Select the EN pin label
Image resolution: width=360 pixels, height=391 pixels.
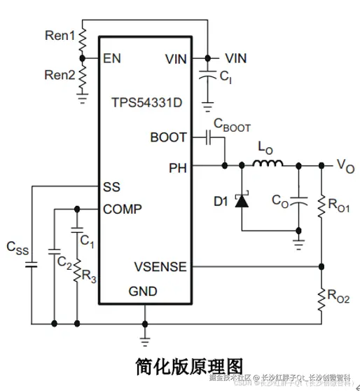pyautogui.click(x=112, y=59)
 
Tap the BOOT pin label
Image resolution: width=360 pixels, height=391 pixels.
pyautogui.click(x=168, y=137)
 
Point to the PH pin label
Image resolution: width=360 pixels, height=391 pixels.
pyautogui.click(x=177, y=167)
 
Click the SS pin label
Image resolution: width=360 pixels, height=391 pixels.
pyautogui.click(x=111, y=187)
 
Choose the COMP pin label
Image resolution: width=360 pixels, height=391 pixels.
pyautogui.click(x=123, y=209)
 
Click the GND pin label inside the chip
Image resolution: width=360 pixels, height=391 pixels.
pyautogui.click(x=143, y=291)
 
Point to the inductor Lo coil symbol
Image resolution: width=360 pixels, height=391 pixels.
pyautogui.click(x=268, y=165)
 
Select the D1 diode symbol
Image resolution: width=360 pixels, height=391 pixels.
pyautogui.click(x=242, y=202)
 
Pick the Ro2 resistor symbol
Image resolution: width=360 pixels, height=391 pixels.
pyautogui.click(x=323, y=296)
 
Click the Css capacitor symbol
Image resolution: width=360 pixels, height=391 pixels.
pyautogui.click(x=31, y=265)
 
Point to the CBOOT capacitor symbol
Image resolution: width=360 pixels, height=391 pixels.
pyautogui.click(x=209, y=137)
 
